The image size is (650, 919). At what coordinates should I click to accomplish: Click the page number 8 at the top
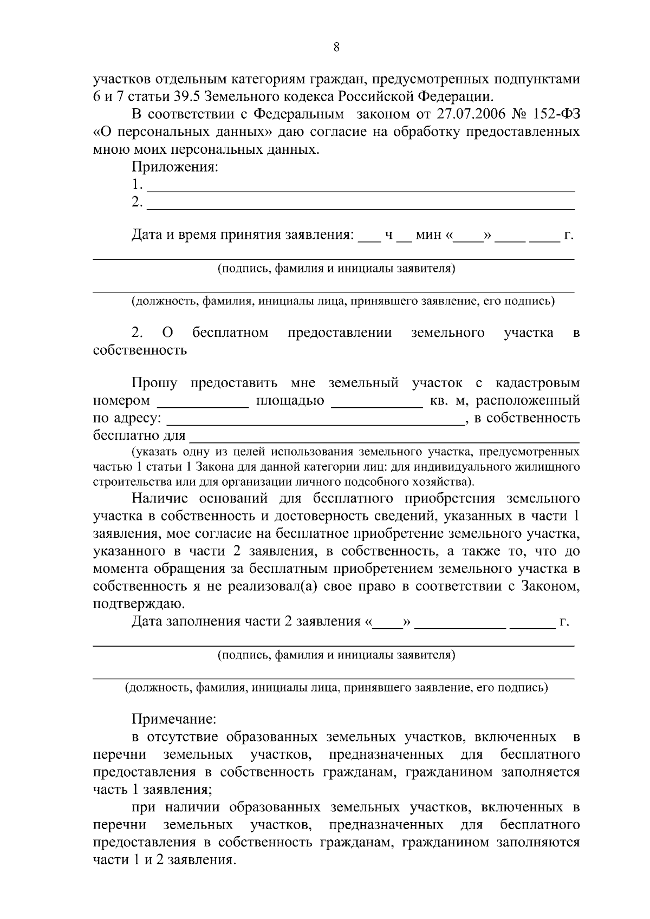[x=336, y=47]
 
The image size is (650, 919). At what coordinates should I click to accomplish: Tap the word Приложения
[x=174, y=167]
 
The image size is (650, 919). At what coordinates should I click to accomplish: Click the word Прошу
[x=154, y=383]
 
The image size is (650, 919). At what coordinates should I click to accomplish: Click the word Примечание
[x=174, y=719]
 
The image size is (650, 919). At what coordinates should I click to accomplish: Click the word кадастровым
[x=537, y=383]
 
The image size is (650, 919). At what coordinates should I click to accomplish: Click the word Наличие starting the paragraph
[x=160, y=498]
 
